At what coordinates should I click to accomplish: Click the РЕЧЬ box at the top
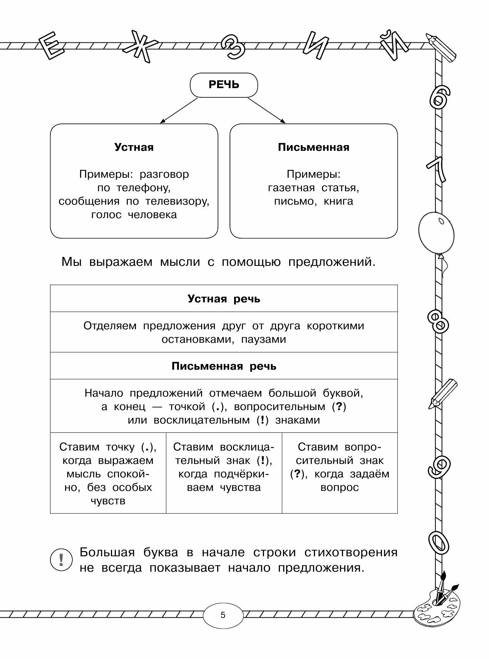click(x=224, y=85)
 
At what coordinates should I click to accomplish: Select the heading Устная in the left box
click(x=134, y=147)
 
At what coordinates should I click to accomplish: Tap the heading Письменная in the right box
click(x=313, y=147)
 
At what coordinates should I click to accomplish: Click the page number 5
click(x=223, y=615)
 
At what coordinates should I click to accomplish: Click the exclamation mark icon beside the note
click(x=61, y=559)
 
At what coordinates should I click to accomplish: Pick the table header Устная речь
click(x=224, y=299)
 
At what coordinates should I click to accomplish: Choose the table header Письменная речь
click(x=224, y=366)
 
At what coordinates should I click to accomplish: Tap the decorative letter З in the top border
click(x=233, y=48)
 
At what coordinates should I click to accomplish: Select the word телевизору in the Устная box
click(x=178, y=201)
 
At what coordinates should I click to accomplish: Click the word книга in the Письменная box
click(x=338, y=201)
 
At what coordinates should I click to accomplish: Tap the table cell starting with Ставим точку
click(x=108, y=473)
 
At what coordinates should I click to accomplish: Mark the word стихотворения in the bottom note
click(x=351, y=552)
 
